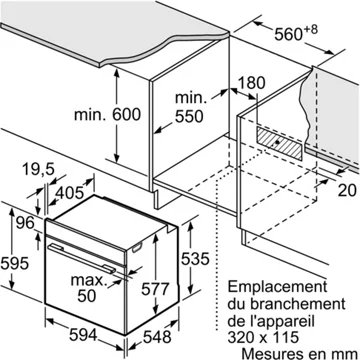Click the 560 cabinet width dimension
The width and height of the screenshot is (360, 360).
coord(296,33)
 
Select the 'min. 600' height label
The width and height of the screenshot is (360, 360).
coord(107,115)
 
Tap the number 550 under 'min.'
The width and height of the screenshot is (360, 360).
coord(189,116)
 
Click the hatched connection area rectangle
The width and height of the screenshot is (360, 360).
coord(280,143)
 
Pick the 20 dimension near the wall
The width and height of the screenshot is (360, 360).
coord(348,190)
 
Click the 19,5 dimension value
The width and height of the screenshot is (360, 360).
coord(38,170)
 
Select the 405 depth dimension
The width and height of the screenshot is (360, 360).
coord(69,193)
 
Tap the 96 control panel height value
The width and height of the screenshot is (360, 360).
coord(25,223)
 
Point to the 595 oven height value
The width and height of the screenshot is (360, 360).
coord(14,264)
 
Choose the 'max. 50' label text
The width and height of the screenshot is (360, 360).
coord(87,288)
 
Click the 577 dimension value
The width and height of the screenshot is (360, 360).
coord(155,289)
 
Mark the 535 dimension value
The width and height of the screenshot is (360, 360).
coord(195,259)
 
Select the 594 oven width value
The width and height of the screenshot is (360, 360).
coord(83,334)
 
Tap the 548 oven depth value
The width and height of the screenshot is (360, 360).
coord(157,337)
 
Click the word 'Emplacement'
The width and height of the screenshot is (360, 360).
coord(277,287)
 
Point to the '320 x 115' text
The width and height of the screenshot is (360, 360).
coord(263,337)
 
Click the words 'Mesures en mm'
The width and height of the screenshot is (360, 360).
coord(299,353)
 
